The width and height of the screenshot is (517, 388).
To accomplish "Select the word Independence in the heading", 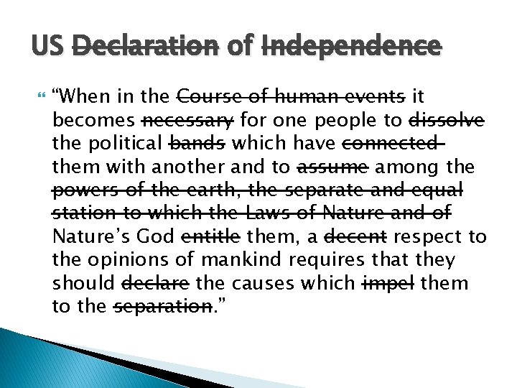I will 352,47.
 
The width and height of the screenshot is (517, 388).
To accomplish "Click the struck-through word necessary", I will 189,119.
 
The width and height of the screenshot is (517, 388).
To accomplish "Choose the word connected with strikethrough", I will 391,143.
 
